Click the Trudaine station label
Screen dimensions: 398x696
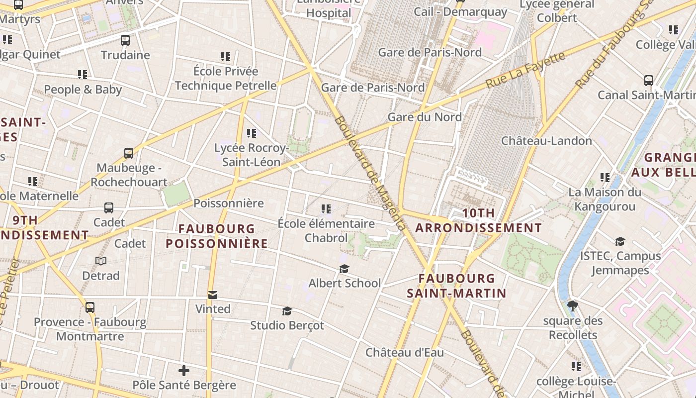point(125,55)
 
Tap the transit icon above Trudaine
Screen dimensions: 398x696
point(125,40)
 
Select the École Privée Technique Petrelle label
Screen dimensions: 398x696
point(226,78)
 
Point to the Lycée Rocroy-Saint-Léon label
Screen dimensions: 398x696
point(251,155)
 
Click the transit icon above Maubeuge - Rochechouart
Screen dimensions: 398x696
point(129,153)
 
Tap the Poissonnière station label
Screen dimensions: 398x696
point(229,203)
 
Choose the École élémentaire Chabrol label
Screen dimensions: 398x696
point(326,231)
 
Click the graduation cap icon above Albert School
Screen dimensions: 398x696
point(344,269)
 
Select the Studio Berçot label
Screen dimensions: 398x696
point(287,325)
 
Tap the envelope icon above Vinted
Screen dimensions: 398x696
point(213,295)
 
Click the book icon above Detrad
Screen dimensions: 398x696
point(101,261)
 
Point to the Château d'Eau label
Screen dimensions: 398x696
point(405,352)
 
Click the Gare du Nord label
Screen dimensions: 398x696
point(425,117)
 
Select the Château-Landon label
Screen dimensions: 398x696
point(546,141)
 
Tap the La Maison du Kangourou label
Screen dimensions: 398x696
point(605,199)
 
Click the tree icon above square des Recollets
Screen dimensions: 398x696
point(573,305)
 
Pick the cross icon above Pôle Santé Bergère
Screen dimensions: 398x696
point(184,371)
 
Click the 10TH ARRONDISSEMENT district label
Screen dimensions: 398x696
point(478,220)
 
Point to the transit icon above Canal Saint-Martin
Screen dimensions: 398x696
point(649,80)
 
